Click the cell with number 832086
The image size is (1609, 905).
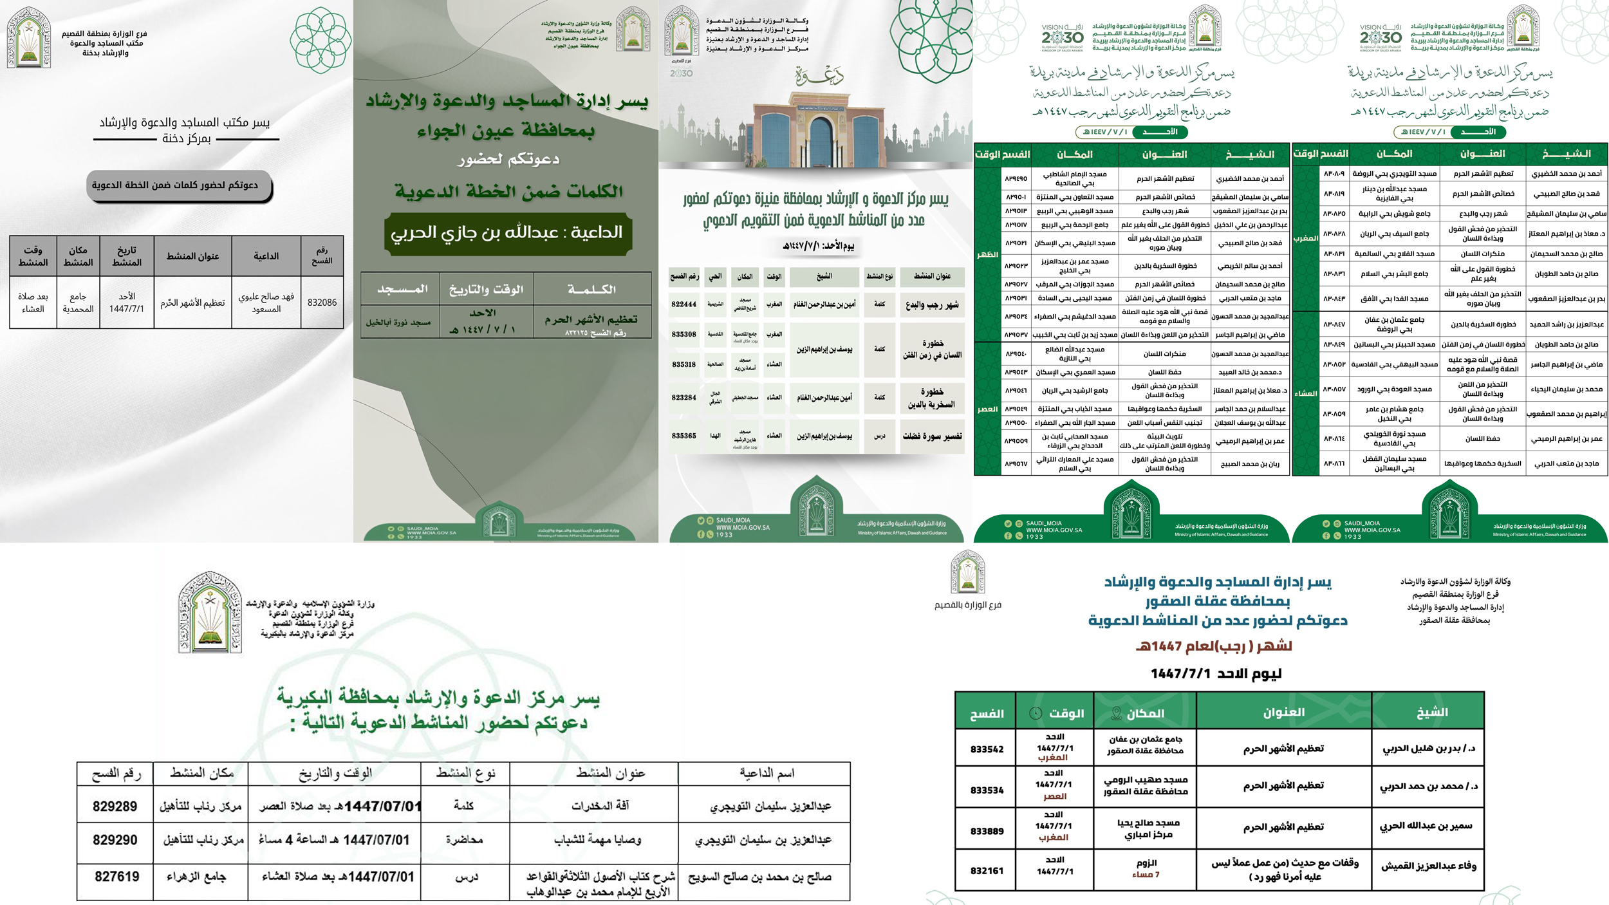point(322,303)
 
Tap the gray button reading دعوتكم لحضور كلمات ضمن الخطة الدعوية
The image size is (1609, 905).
point(175,185)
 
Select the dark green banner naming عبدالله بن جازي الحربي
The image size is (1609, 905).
point(507,232)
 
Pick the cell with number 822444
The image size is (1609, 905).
point(684,304)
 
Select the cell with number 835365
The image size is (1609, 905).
point(684,436)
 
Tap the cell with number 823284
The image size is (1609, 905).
point(684,398)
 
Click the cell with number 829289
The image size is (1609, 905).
point(115,807)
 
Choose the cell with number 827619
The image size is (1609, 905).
point(116,877)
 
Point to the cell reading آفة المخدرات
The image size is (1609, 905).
point(600,806)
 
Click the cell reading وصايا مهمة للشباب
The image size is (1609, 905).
point(597,840)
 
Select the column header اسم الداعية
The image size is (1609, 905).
point(767,773)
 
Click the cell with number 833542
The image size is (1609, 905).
point(987,749)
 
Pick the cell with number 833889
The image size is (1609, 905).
point(987,831)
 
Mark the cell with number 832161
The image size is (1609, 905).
point(987,871)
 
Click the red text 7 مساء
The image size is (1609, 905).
point(1146,875)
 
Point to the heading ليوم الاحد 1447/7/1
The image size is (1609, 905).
point(1216,674)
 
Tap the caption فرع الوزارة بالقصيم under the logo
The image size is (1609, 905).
point(968,605)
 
